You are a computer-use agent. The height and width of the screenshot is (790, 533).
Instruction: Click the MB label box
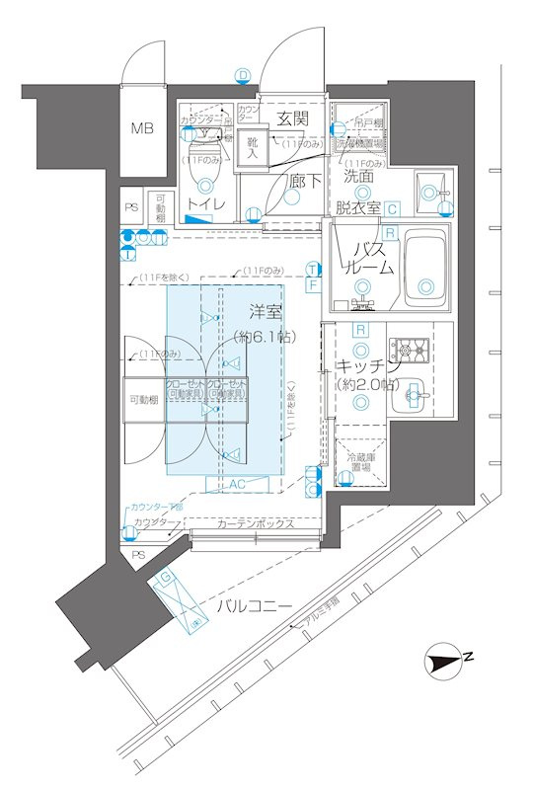[x=144, y=127]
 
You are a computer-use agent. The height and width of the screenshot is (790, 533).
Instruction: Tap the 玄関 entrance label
[x=291, y=118]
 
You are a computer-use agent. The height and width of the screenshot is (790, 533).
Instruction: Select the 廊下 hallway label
[x=304, y=181]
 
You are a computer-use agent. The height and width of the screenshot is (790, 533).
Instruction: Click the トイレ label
[x=205, y=203]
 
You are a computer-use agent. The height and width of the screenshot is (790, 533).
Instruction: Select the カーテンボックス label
[x=257, y=523]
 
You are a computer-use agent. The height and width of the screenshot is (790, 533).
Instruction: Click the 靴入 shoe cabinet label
[x=253, y=148]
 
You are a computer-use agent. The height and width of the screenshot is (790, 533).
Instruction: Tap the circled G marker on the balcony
[x=168, y=576]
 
